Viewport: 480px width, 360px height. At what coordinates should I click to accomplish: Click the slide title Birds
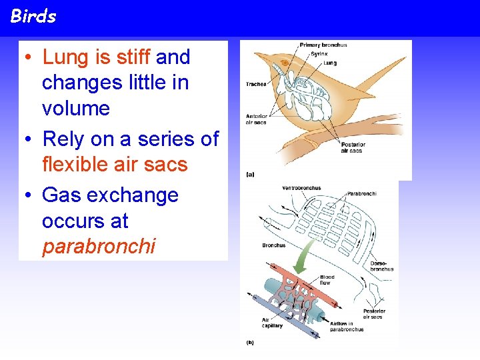coord(33,17)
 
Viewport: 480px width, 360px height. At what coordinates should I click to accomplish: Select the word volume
coord(75,108)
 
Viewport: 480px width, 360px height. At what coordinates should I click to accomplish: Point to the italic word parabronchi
coord(99,247)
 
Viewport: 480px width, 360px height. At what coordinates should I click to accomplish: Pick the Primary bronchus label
coord(323,45)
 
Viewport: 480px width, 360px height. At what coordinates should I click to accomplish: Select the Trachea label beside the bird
coord(256,85)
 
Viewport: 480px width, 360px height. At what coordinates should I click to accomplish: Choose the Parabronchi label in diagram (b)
coord(361,194)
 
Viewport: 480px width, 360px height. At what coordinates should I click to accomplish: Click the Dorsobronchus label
coord(381,266)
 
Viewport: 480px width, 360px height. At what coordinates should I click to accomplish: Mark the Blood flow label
coord(327,279)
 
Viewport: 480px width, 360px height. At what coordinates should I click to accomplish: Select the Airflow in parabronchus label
coord(346,326)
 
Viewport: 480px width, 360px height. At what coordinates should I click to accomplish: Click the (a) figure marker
coord(250,174)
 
